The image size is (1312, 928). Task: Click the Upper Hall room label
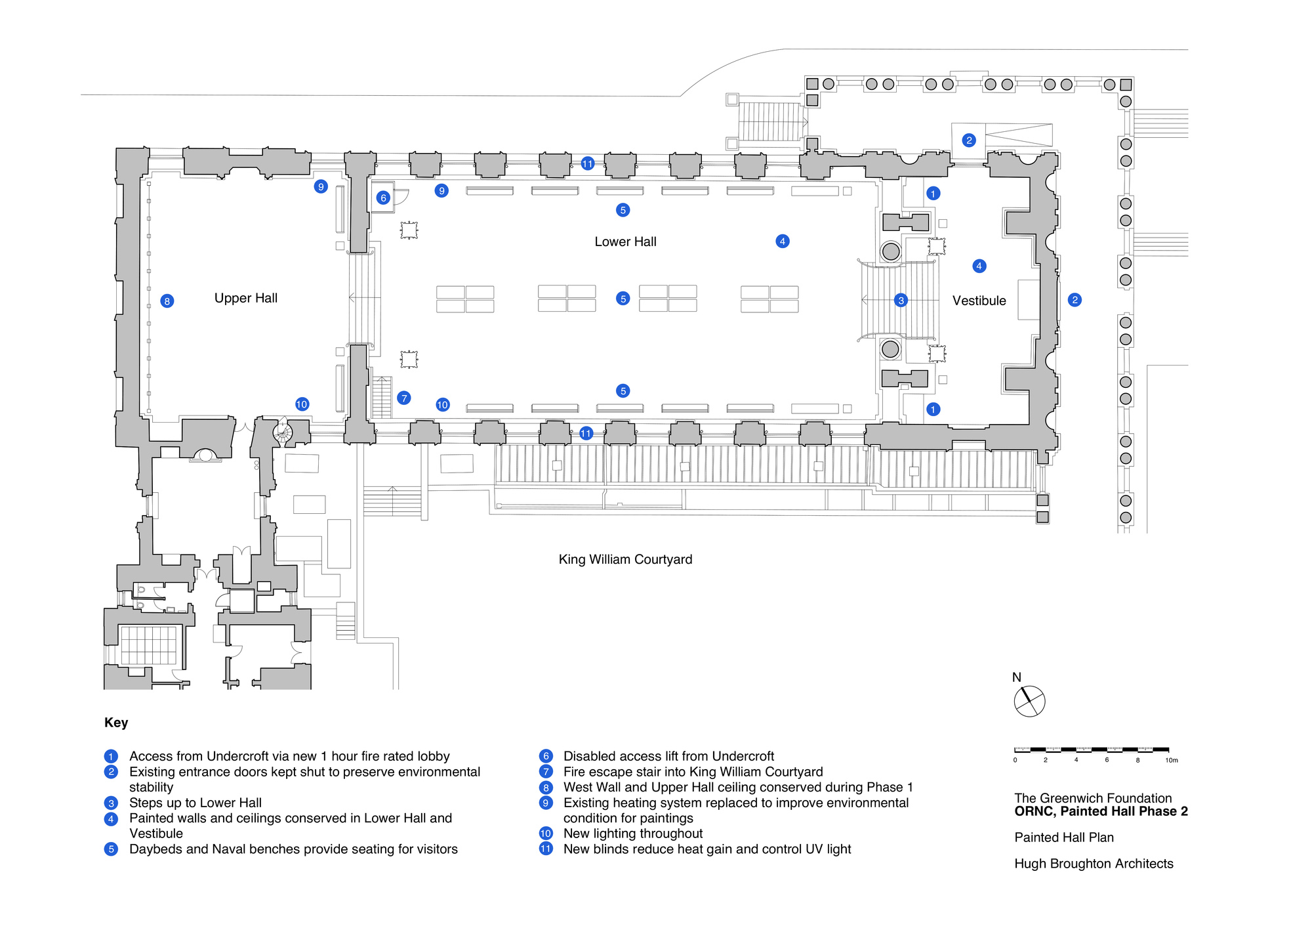click(245, 298)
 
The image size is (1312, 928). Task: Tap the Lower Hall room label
click(625, 242)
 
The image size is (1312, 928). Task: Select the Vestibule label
click(979, 301)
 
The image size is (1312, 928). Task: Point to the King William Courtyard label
click(625, 559)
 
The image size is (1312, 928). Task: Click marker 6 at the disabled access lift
click(384, 198)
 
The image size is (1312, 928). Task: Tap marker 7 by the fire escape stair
click(404, 398)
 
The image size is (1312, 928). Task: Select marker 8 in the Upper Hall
click(167, 301)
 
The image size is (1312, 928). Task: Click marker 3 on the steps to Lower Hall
click(901, 301)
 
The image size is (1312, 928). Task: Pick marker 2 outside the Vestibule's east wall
click(1075, 300)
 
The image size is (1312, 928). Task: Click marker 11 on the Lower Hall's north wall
click(587, 163)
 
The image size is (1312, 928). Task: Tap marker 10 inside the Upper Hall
click(302, 404)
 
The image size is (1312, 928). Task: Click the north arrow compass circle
click(1029, 702)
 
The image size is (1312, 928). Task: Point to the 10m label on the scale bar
click(1171, 760)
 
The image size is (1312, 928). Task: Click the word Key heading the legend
click(116, 723)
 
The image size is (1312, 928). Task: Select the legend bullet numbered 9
click(546, 803)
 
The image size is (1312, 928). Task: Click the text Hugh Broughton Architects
click(1094, 864)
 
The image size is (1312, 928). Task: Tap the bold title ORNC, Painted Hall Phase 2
click(1101, 811)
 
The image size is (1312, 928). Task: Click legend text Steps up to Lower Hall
click(195, 803)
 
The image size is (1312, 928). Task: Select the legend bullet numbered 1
click(112, 756)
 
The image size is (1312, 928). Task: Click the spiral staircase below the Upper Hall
click(283, 432)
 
